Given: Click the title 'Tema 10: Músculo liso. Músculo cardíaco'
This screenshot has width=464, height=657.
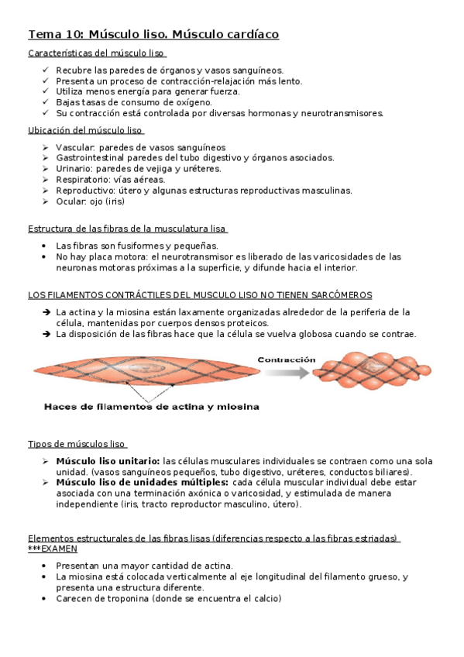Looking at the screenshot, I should [153, 35].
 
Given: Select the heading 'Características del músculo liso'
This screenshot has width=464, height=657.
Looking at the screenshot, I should [97, 53].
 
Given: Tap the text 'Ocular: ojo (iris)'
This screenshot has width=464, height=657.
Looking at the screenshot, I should [90, 201].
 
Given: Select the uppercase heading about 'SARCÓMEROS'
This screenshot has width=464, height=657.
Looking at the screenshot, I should [200, 295].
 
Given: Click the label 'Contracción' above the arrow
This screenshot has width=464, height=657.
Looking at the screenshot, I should [286, 359].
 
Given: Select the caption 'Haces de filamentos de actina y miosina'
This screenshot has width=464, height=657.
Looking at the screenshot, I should [151, 406].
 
